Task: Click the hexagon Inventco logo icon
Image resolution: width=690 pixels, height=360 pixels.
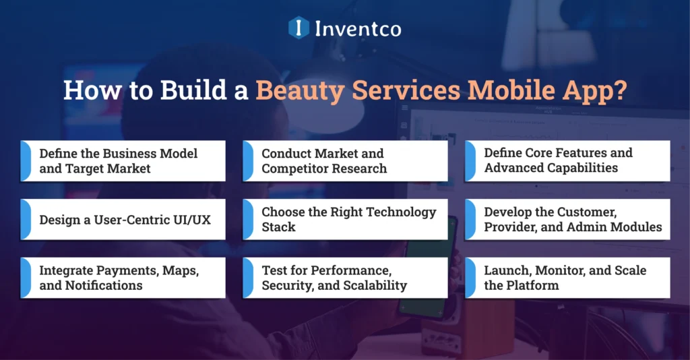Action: [299, 28]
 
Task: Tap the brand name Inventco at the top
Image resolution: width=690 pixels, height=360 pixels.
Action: [357, 28]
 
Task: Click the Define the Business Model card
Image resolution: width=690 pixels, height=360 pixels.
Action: [123, 161]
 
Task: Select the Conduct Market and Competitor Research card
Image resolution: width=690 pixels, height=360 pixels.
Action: [345, 161]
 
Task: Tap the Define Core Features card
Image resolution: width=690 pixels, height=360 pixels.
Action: [567, 161]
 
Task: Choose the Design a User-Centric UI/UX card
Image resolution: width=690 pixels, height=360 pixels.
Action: [123, 219]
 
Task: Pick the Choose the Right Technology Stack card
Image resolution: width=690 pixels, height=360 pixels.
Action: [345, 219]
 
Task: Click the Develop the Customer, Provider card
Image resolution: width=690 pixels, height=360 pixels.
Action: [567, 219]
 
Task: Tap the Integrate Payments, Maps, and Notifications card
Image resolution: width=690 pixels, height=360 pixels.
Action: [123, 277]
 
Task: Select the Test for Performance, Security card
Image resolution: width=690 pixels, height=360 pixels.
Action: [345, 277]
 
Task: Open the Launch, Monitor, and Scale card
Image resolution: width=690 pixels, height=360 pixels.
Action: [567, 277]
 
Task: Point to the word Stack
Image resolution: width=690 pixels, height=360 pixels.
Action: [278, 227]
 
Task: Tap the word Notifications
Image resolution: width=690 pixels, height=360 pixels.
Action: [104, 285]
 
